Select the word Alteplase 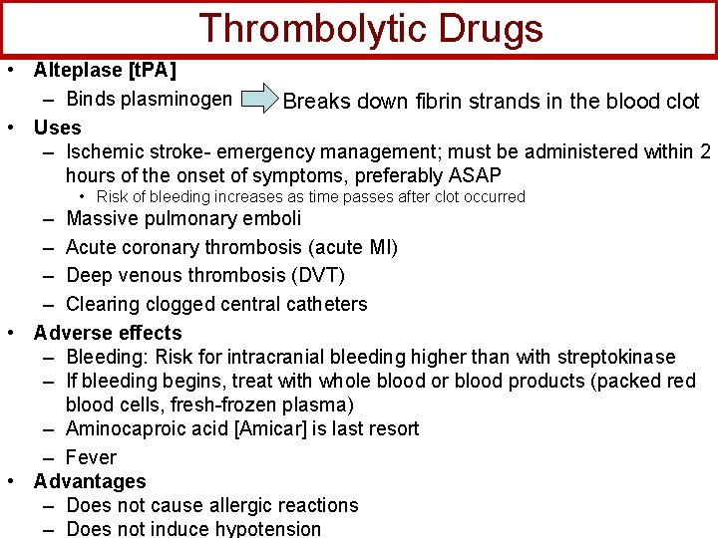tap(76, 71)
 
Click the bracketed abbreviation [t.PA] tap(150, 71)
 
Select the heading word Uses tap(57, 128)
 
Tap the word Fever tap(91, 457)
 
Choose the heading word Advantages tap(90, 481)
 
